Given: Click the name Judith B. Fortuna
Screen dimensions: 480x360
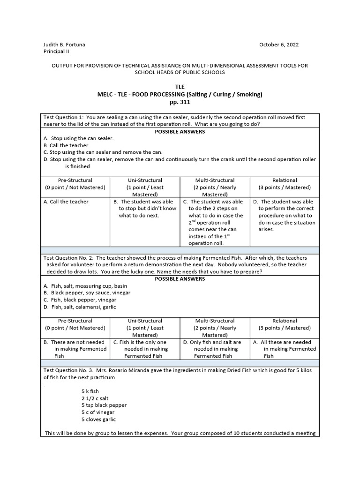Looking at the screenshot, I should pyautogui.click(x=64, y=45).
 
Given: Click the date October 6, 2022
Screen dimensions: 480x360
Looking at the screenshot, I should pyautogui.click(x=279, y=45).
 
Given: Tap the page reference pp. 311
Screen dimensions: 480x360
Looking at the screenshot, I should pyautogui.click(x=180, y=102).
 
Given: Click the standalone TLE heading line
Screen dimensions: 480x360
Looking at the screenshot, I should pyautogui.click(x=180, y=87).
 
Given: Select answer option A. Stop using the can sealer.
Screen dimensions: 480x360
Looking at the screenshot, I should pyautogui.click(x=79, y=138).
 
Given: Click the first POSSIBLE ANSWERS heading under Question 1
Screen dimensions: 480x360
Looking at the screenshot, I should pyautogui.click(x=180, y=131).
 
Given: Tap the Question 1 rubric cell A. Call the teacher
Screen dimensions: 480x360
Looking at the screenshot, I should pyautogui.click(x=66, y=202).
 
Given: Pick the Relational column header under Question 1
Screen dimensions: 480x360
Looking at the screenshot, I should pyautogui.click(x=285, y=180).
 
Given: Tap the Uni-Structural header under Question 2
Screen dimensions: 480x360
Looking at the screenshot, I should pyautogui.click(x=145, y=321).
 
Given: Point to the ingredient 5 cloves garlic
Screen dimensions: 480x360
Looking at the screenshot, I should pyautogui.click(x=98, y=419).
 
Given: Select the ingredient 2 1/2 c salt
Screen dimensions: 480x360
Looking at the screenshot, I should pyautogui.click(x=95, y=398).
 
